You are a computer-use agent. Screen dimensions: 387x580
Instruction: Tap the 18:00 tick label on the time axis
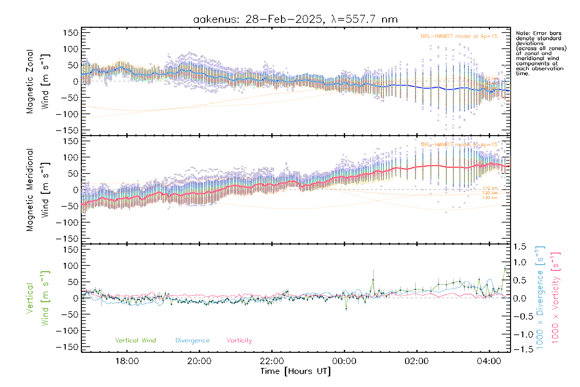point(127,361)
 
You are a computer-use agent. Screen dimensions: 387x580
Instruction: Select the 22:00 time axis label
point(272,361)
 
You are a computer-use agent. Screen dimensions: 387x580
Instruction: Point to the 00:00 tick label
point(344,361)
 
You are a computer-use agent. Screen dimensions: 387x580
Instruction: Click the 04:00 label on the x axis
point(489,361)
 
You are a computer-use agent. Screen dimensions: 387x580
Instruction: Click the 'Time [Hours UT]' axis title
point(295,371)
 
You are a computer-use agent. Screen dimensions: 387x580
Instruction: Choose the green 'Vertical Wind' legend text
point(135,340)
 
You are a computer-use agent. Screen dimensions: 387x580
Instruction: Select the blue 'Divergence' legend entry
point(192,340)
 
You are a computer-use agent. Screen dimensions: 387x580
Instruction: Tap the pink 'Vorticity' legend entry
point(239,340)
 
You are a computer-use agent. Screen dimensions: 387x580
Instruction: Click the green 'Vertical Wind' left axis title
point(38,298)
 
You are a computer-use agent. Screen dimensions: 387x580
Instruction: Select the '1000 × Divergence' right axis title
point(540,298)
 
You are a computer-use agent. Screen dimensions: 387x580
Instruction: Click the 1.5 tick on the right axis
point(519,247)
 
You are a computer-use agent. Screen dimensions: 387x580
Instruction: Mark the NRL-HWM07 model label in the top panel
point(459,36)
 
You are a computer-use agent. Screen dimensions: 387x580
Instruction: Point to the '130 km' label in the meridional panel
point(490,198)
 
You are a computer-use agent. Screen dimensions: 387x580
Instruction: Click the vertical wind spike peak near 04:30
point(505,268)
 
